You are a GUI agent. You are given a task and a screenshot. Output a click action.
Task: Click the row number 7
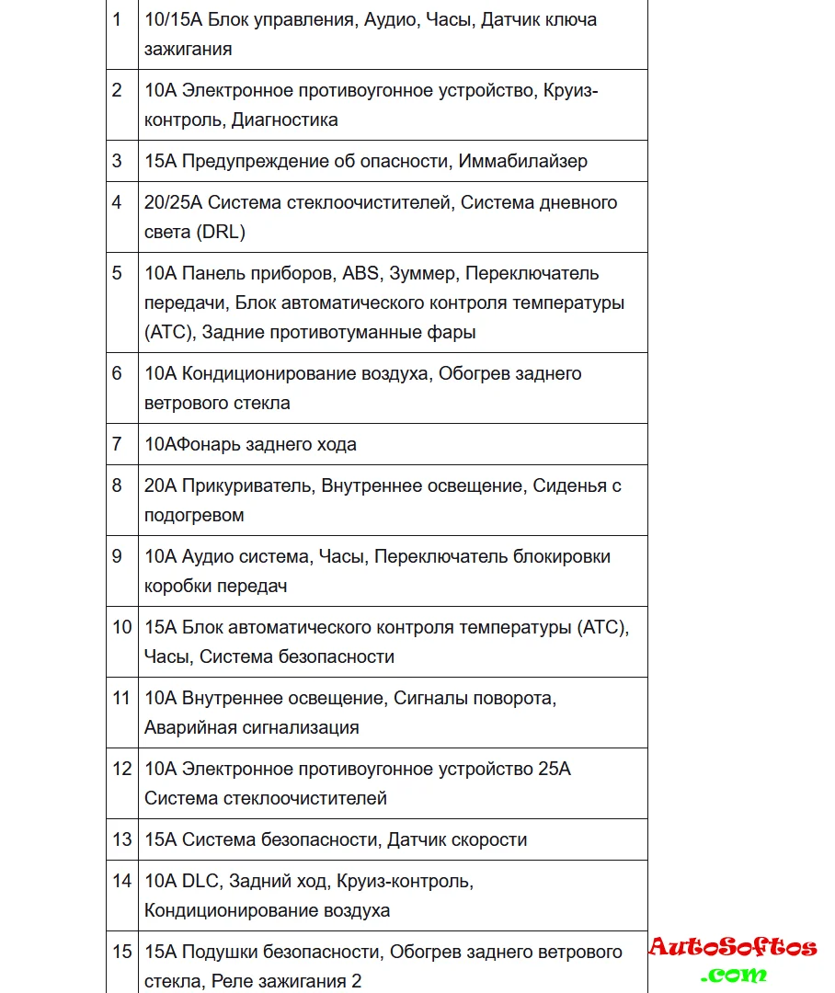pyautogui.click(x=117, y=444)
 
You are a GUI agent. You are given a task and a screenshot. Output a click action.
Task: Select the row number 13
pyautogui.click(x=122, y=839)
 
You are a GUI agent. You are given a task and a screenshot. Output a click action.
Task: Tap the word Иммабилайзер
pyautogui.click(x=523, y=161)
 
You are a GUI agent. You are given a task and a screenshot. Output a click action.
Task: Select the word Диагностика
pyautogui.click(x=284, y=120)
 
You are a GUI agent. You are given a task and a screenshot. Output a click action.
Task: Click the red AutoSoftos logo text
pyautogui.click(x=733, y=947)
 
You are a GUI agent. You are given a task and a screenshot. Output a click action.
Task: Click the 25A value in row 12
pyautogui.click(x=555, y=769)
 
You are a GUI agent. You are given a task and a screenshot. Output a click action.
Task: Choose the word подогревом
pyautogui.click(x=194, y=515)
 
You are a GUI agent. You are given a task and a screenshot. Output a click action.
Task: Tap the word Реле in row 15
pyautogui.click(x=231, y=981)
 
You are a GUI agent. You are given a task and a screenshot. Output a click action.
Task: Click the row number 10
pyautogui.click(x=122, y=627)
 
